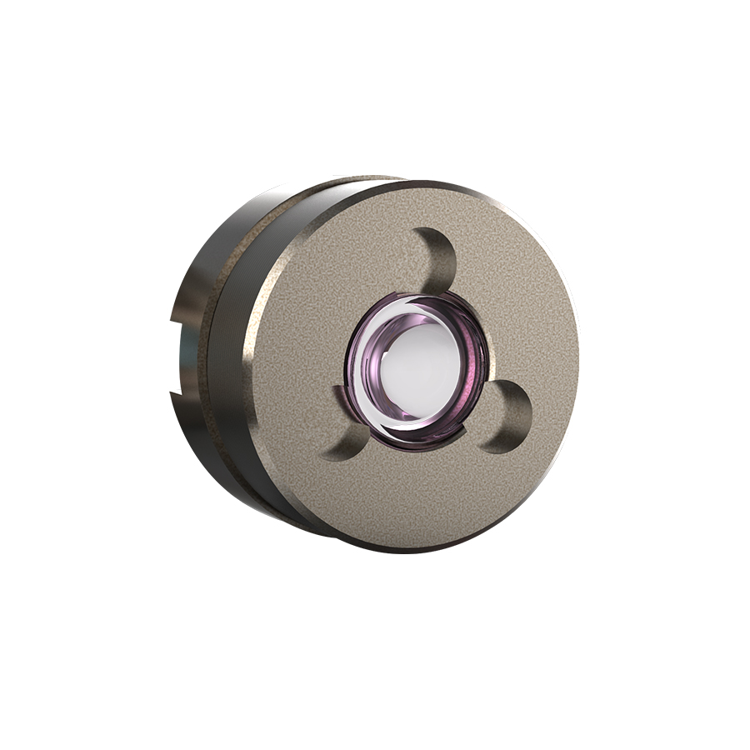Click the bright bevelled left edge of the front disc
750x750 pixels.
(249, 367)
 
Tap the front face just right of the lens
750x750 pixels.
(525, 350)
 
